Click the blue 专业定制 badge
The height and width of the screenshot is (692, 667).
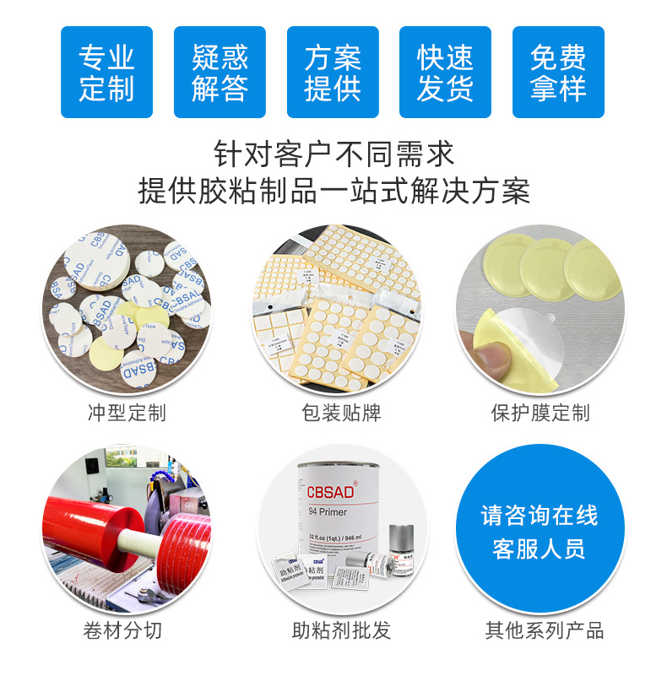point(106,72)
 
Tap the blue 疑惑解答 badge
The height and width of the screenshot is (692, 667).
point(220,72)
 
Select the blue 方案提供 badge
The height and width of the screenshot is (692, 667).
point(333,72)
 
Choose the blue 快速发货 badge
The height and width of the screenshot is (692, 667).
point(445,72)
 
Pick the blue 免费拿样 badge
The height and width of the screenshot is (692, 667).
point(558,72)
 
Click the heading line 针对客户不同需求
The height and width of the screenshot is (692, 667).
point(333,154)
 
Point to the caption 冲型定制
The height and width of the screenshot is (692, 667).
point(127,413)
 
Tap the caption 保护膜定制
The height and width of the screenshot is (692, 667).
point(540,413)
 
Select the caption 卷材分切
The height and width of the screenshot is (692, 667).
point(122,630)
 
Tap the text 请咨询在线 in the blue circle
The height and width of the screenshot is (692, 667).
point(540,516)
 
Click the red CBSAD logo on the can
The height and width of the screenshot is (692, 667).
point(330,493)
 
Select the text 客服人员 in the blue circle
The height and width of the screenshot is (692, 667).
point(540,550)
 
